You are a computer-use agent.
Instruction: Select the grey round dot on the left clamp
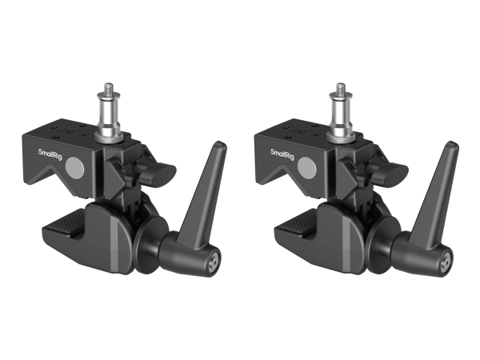point(74,167)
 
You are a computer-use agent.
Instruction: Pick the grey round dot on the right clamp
point(308,168)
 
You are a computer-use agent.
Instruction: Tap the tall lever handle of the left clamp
point(205,192)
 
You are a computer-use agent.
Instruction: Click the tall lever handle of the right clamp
point(438,192)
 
